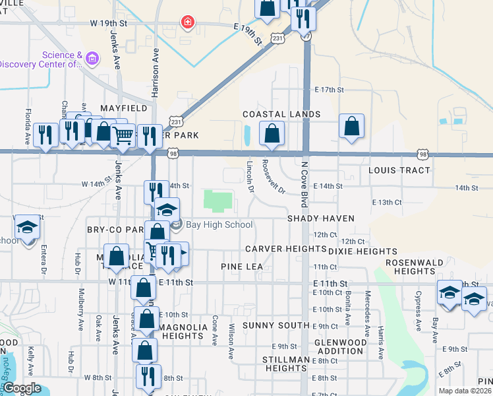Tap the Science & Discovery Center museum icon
(92, 59)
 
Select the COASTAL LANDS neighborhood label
(281, 114)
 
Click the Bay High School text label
(219, 225)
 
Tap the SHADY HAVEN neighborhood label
(320, 218)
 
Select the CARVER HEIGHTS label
(285, 249)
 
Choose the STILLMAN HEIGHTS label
(285, 364)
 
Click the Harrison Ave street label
(156, 73)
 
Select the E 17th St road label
(330, 89)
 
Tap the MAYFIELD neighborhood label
(123, 108)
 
